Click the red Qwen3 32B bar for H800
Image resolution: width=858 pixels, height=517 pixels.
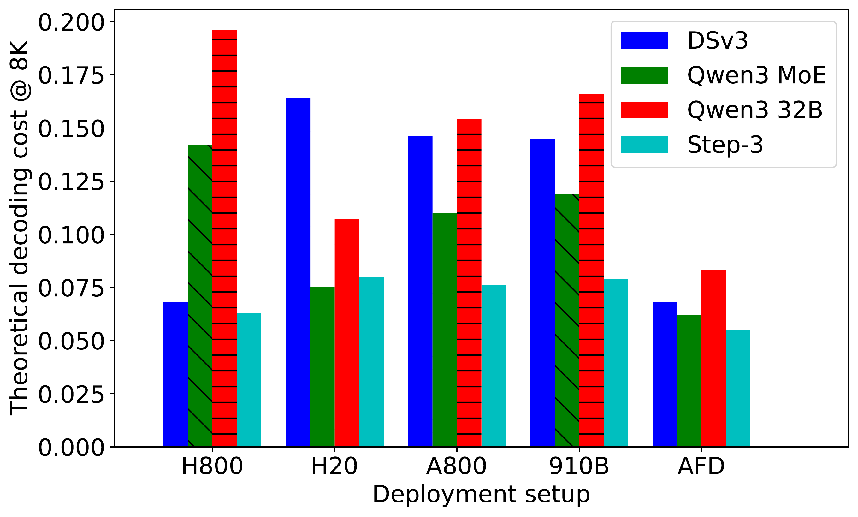coord(225,238)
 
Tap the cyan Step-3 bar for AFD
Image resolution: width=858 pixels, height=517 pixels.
coord(738,388)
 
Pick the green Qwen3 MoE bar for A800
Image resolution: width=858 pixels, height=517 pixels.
coord(445,330)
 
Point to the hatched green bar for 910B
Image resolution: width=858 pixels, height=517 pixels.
coord(567,320)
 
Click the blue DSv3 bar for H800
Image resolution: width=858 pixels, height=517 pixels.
coord(175,375)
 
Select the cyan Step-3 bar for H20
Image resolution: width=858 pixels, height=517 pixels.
coord(371,362)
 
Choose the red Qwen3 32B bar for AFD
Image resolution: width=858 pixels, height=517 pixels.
coord(714,359)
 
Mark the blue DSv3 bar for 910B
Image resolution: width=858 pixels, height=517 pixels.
coord(542,293)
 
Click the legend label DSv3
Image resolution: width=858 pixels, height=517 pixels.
coord(718,41)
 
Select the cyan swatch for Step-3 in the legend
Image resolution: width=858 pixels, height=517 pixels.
coord(644,145)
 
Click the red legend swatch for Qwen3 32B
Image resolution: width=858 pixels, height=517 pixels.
coord(644,110)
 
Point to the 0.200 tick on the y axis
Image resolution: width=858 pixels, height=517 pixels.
coord(71,23)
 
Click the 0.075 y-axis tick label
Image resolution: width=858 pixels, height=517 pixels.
coord(71,288)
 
